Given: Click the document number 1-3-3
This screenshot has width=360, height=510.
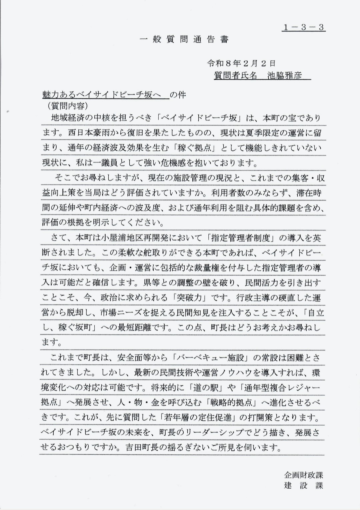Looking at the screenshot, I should coord(303,27).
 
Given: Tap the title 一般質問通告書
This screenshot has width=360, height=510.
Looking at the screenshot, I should coord(184,40).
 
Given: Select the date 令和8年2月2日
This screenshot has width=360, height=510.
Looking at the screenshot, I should coord(241,63).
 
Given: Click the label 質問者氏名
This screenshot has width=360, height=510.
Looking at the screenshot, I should coord(235,76).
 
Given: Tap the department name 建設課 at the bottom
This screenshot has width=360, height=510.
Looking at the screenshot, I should coord(304,485).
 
